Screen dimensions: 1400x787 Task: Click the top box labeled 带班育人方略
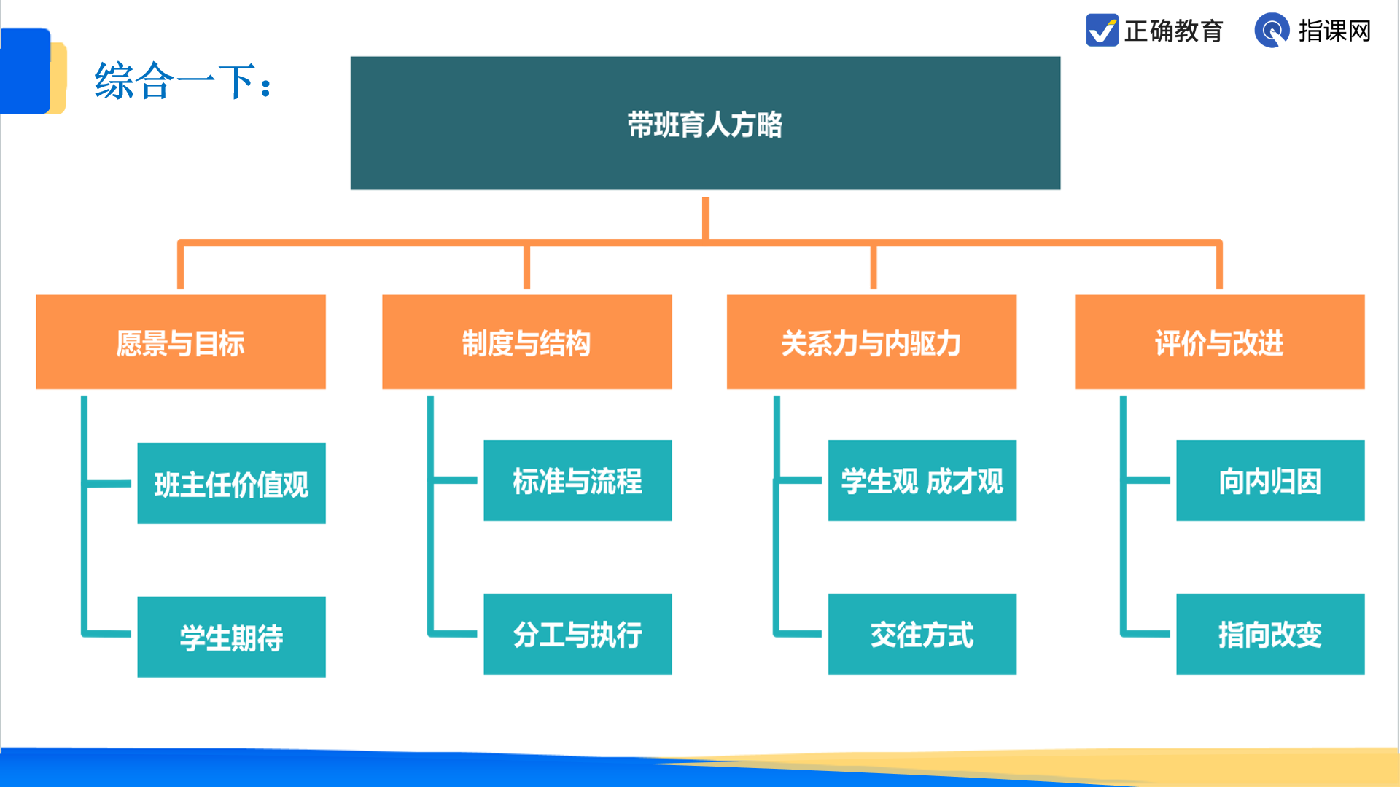[705, 123]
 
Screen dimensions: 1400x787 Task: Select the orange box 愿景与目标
[181, 342]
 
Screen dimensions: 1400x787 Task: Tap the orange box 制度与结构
[526, 342]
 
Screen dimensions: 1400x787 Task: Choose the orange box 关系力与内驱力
[871, 342]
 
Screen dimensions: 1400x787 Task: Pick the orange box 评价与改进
[1219, 342]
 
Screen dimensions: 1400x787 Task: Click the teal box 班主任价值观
[231, 483]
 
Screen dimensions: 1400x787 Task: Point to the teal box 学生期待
[231, 637]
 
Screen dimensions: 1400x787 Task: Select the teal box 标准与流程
[577, 480]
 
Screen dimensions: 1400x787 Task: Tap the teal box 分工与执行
[577, 634]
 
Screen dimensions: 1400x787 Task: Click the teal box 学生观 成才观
[922, 480]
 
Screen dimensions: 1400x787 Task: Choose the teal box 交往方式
[922, 634]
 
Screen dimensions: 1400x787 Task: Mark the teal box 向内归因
[1270, 480]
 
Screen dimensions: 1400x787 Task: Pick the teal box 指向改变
[1270, 634]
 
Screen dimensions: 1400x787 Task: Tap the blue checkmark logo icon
[1102, 31]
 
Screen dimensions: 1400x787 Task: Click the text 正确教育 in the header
[1173, 31]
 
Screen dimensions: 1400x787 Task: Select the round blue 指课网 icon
[1272, 31]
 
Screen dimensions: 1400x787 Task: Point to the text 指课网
[1334, 31]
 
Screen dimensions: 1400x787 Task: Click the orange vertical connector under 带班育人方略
[705, 219]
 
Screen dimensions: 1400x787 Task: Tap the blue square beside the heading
[26, 71]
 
